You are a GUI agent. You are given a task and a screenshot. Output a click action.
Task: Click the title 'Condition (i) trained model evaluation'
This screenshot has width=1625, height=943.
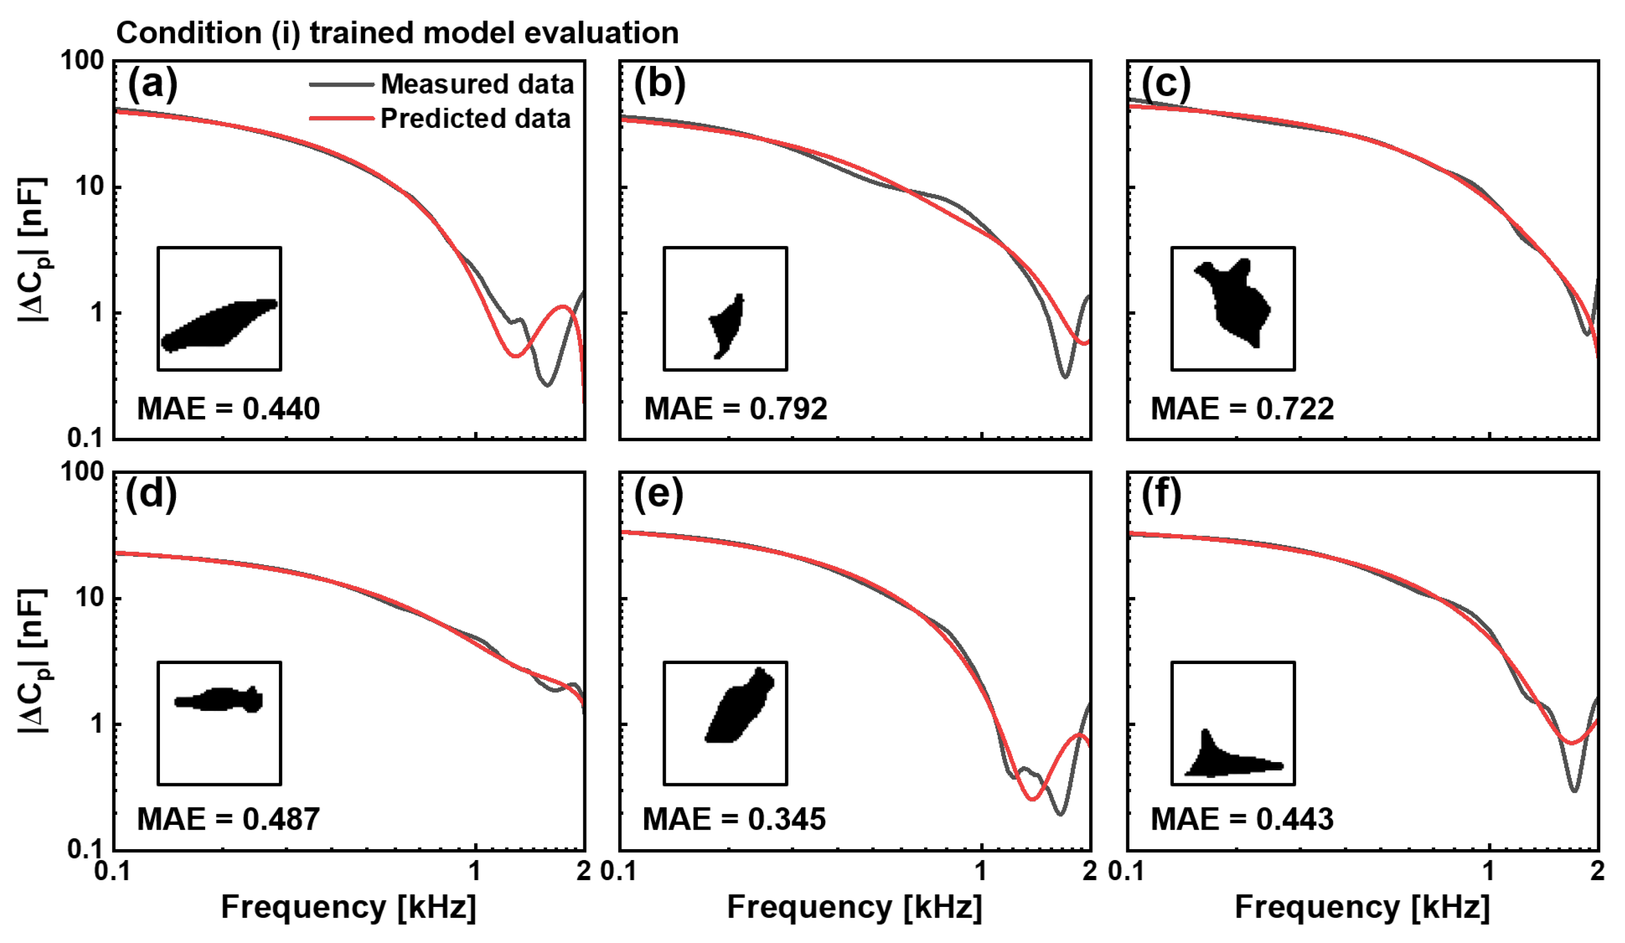click(397, 33)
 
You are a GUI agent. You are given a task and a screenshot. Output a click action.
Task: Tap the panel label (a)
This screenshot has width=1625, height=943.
click(152, 84)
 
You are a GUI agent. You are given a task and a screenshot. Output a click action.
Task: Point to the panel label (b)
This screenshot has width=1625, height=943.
click(659, 84)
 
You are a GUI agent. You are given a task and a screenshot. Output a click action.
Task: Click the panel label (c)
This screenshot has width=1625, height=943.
click(1166, 84)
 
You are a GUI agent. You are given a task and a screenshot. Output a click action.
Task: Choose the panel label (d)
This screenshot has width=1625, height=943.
click(151, 495)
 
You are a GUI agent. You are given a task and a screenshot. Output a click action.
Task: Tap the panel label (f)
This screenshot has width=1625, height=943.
click(1161, 495)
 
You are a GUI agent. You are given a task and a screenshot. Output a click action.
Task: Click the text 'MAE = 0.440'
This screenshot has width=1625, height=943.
click(228, 409)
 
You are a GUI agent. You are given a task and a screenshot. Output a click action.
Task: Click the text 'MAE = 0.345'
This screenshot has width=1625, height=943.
click(734, 819)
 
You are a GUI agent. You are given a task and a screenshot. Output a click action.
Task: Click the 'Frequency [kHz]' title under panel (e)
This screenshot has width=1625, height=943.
click(855, 907)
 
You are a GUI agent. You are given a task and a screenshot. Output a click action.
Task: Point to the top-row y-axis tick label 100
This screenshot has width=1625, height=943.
click(82, 61)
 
